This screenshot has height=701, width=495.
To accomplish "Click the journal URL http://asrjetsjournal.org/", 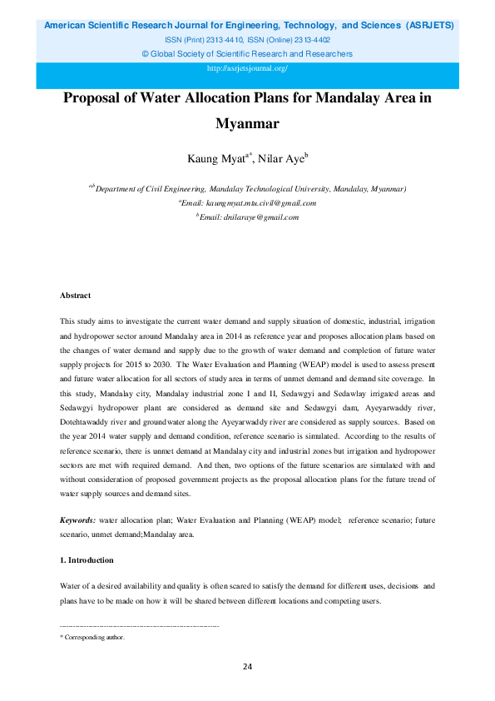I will click(x=247, y=68).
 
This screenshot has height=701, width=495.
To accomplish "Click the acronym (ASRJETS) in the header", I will click(x=429, y=26).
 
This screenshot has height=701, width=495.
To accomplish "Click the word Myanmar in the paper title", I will click(x=246, y=125).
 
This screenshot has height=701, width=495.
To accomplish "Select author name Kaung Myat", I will click(x=215, y=157).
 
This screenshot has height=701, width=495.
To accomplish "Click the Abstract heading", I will click(x=76, y=296).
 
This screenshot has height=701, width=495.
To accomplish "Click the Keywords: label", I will click(x=77, y=520).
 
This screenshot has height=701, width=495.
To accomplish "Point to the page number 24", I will click(x=247, y=666).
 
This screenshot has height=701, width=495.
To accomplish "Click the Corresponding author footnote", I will click(x=93, y=637).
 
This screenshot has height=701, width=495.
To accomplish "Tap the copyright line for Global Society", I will click(x=247, y=54).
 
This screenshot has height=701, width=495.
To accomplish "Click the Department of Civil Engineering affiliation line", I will click(x=247, y=189).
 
